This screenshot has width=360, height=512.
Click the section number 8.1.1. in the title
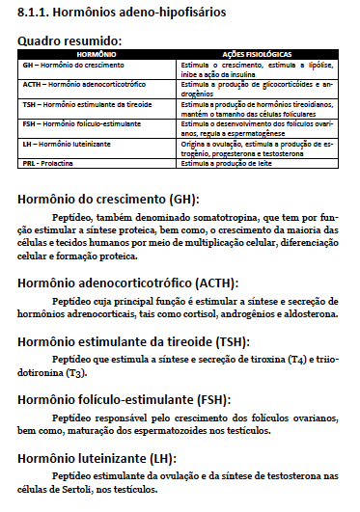pyautogui.click(x=33, y=14)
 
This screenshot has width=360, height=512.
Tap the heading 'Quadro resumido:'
pyautogui.click(x=70, y=40)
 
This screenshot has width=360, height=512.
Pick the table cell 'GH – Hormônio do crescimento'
pyautogui.click(x=68, y=64)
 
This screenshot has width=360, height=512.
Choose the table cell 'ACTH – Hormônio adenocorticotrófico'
pyautogui.click(x=77, y=87)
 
